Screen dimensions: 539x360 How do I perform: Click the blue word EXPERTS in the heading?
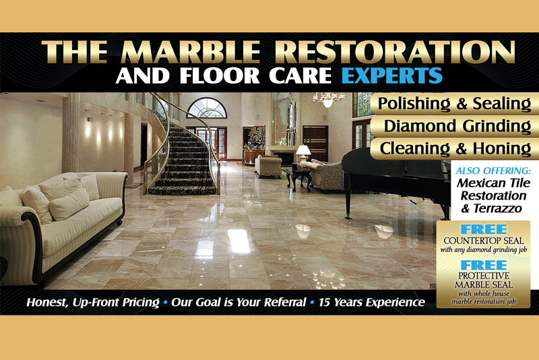(x=392, y=76)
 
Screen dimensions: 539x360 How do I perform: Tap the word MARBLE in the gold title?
(x=191, y=52)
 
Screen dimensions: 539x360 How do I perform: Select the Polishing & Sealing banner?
(x=454, y=104)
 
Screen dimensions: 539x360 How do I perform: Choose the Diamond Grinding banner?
(x=457, y=126)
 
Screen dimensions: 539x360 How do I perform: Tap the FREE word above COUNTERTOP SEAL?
(x=484, y=229)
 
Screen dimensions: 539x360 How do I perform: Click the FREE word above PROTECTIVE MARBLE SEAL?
(x=484, y=265)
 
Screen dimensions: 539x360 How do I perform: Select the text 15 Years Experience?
(x=372, y=302)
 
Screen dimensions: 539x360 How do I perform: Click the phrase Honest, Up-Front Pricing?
(x=93, y=303)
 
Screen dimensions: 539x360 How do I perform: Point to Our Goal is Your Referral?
(x=239, y=302)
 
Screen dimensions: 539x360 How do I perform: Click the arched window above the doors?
(x=207, y=108)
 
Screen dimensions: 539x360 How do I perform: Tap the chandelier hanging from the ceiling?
(x=328, y=98)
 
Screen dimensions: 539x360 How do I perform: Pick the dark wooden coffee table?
(x=298, y=178)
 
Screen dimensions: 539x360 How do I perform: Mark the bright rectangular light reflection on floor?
(x=239, y=241)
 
